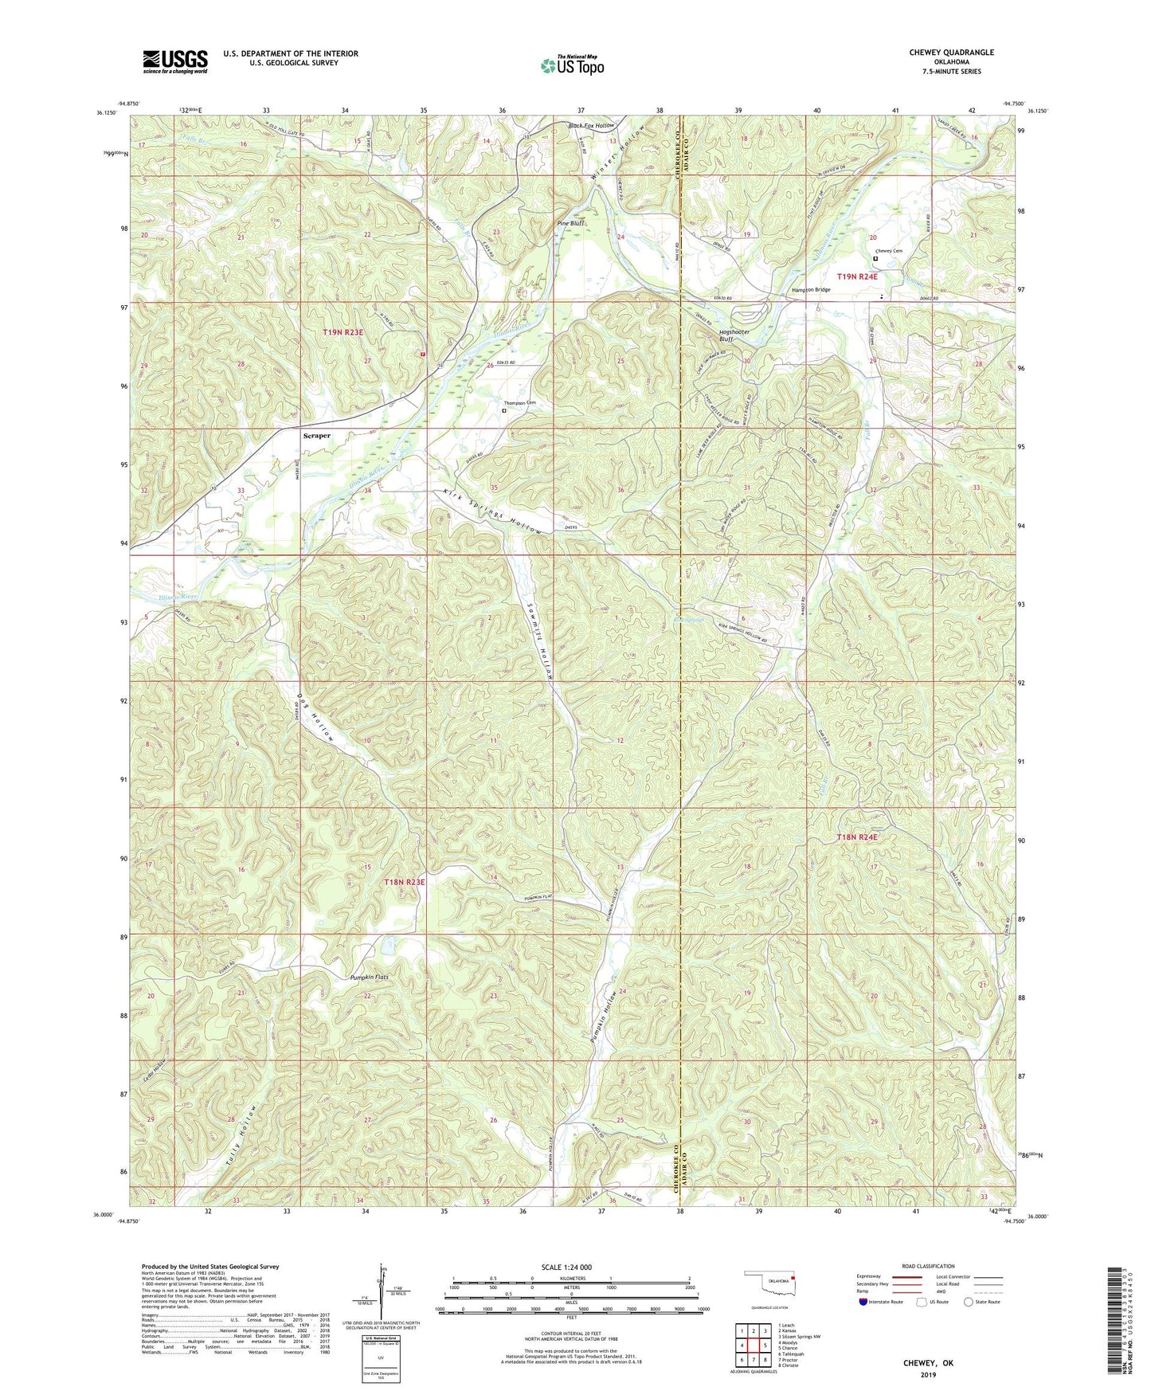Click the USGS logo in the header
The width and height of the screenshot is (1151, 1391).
(x=175, y=61)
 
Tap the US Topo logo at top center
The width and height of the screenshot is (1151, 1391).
(x=572, y=65)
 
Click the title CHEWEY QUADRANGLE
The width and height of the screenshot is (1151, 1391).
(x=951, y=53)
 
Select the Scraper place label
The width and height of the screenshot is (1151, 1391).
(x=317, y=436)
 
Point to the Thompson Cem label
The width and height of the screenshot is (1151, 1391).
(x=518, y=403)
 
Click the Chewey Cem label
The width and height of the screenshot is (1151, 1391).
(x=889, y=251)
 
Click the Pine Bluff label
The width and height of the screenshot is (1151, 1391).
(x=570, y=224)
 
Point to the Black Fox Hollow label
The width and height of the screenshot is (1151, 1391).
(x=590, y=126)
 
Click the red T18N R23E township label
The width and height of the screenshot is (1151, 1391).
(x=405, y=882)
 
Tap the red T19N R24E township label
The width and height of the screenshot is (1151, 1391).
(x=856, y=276)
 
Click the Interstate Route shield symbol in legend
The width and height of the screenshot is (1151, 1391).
(x=863, y=1303)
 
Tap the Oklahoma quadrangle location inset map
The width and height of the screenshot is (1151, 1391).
(x=769, y=1286)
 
